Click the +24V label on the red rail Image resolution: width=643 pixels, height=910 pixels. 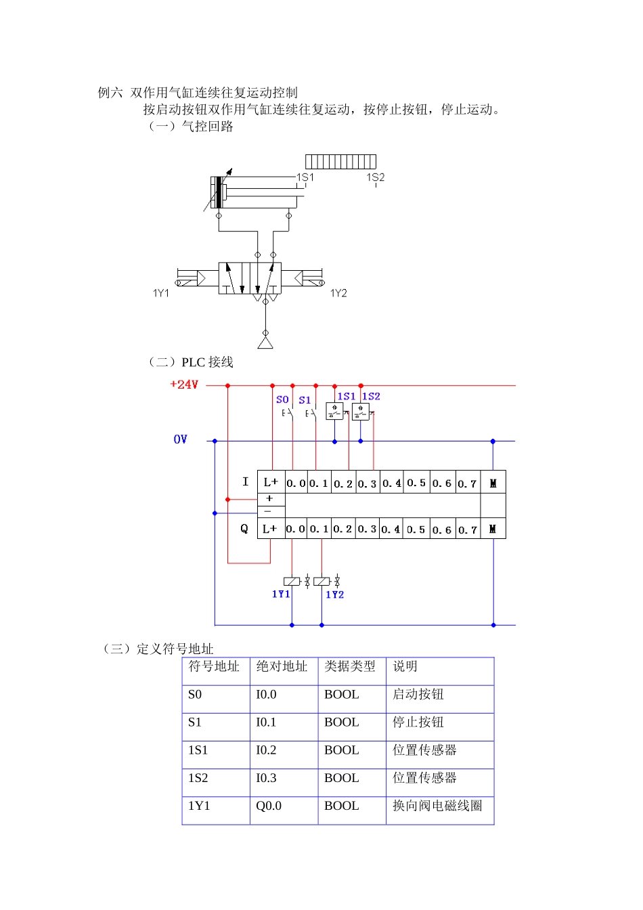(x=184, y=385)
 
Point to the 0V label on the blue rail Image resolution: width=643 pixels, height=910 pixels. (x=180, y=439)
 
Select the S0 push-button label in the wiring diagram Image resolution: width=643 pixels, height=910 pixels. (x=282, y=399)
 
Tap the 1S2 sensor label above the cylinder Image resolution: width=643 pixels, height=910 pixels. (x=376, y=177)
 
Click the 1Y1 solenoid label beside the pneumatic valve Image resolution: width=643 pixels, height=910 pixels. (x=161, y=293)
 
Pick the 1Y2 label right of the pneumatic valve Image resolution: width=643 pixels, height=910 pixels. (x=338, y=293)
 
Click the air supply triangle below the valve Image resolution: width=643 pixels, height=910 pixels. (x=265, y=342)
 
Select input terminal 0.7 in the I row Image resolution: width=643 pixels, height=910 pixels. (x=467, y=483)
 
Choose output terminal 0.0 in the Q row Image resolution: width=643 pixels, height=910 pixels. (x=296, y=529)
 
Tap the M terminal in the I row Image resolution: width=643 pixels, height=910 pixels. (x=493, y=483)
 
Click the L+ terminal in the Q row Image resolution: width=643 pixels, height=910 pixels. (x=270, y=529)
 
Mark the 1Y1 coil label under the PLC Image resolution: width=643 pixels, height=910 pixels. (x=281, y=594)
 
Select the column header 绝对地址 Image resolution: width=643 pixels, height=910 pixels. (x=282, y=666)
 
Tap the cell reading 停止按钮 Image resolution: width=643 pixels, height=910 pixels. (x=418, y=722)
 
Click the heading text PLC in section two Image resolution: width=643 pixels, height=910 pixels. (x=194, y=362)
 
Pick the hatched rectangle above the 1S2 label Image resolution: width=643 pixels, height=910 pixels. (x=340, y=161)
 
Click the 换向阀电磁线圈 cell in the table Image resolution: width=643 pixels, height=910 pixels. (x=437, y=806)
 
